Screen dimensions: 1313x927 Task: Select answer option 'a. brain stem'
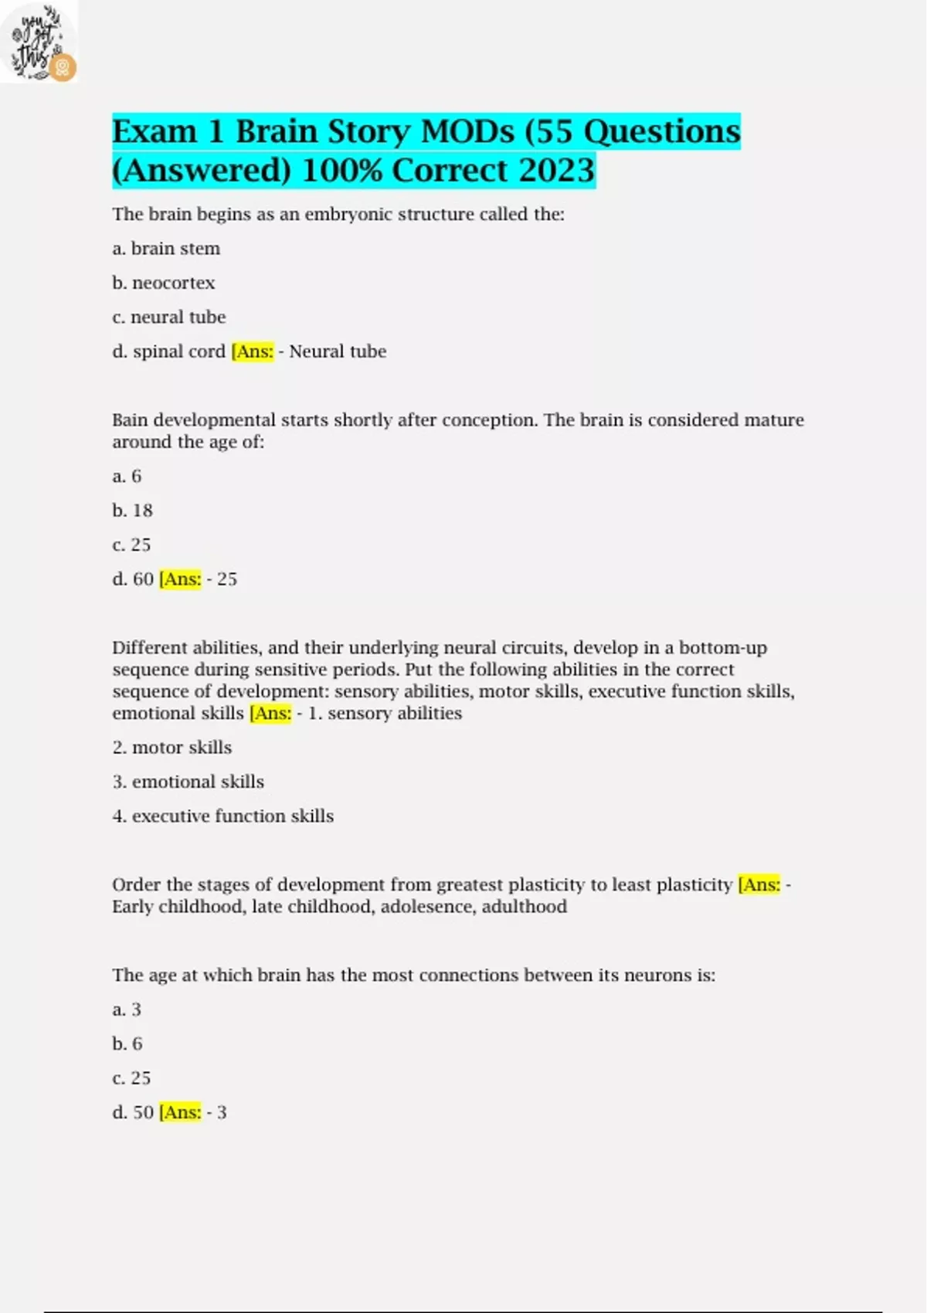(x=166, y=249)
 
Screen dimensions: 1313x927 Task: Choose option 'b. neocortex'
(x=164, y=283)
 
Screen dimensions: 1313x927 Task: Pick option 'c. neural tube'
(x=169, y=317)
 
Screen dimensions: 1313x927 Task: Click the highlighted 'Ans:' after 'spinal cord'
(x=253, y=351)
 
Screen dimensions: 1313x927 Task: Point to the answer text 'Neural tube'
(x=338, y=351)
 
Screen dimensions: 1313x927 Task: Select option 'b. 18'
(x=133, y=511)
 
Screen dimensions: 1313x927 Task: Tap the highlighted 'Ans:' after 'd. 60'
(x=180, y=579)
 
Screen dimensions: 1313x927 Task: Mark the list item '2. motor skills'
(x=172, y=748)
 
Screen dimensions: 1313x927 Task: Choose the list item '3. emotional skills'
(x=188, y=782)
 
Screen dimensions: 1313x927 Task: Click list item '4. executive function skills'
(x=223, y=816)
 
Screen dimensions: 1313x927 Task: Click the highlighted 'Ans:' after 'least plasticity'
(x=759, y=885)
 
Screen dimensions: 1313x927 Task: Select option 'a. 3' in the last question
(x=127, y=1009)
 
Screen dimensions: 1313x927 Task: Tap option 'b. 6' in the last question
(x=127, y=1044)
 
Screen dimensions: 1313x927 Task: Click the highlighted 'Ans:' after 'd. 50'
(x=180, y=1113)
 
